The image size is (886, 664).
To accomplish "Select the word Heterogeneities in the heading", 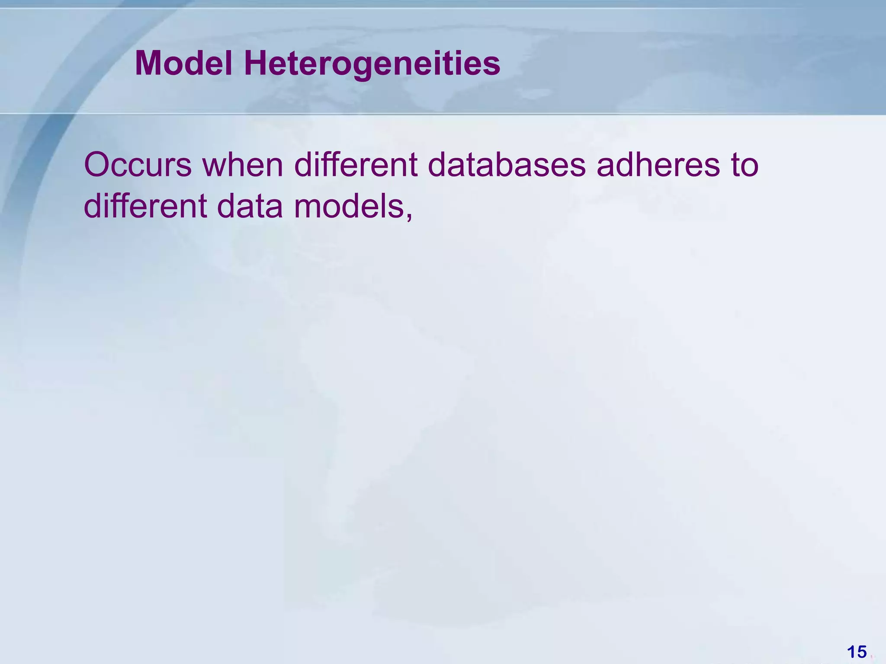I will [372, 64].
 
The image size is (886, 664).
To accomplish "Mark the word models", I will [348, 206].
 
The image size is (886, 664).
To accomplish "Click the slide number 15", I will [857, 652].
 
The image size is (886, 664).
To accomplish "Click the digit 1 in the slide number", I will [851, 652].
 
